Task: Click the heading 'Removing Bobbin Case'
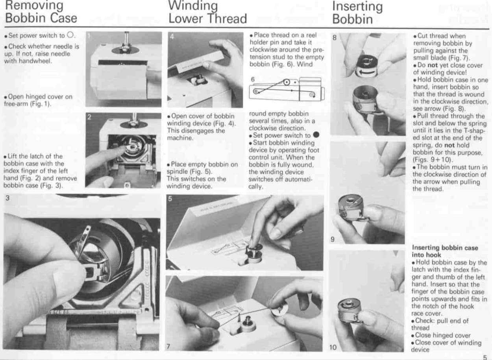(x=41, y=12)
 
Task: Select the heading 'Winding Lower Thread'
(x=207, y=12)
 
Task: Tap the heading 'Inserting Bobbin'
(x=357, y=12)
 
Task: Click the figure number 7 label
(x=168, y=347)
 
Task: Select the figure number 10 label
(x=333, y=347)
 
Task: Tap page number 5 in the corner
(x=485, y=357)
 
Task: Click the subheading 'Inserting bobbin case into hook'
(x=445, y=251)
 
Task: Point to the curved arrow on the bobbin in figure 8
(x=367, y=72)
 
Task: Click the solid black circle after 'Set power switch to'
(x=316, y=135)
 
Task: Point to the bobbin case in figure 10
(x=349, y=310)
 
